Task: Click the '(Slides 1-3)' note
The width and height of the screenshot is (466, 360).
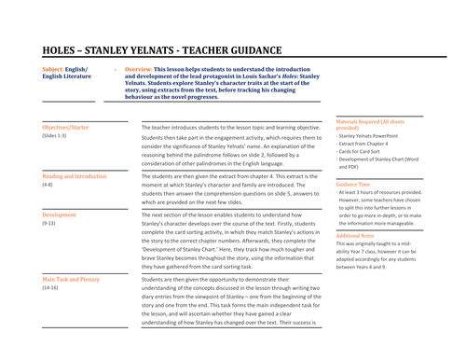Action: [x=55, y=136]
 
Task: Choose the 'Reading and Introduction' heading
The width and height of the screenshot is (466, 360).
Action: [x=75, y=176]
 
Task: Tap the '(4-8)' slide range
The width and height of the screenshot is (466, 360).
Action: [x=48, y=186]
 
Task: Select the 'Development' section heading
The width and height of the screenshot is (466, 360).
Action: [x=60, y=215]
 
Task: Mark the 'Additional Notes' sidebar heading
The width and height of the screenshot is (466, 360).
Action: [x=360, y=236]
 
